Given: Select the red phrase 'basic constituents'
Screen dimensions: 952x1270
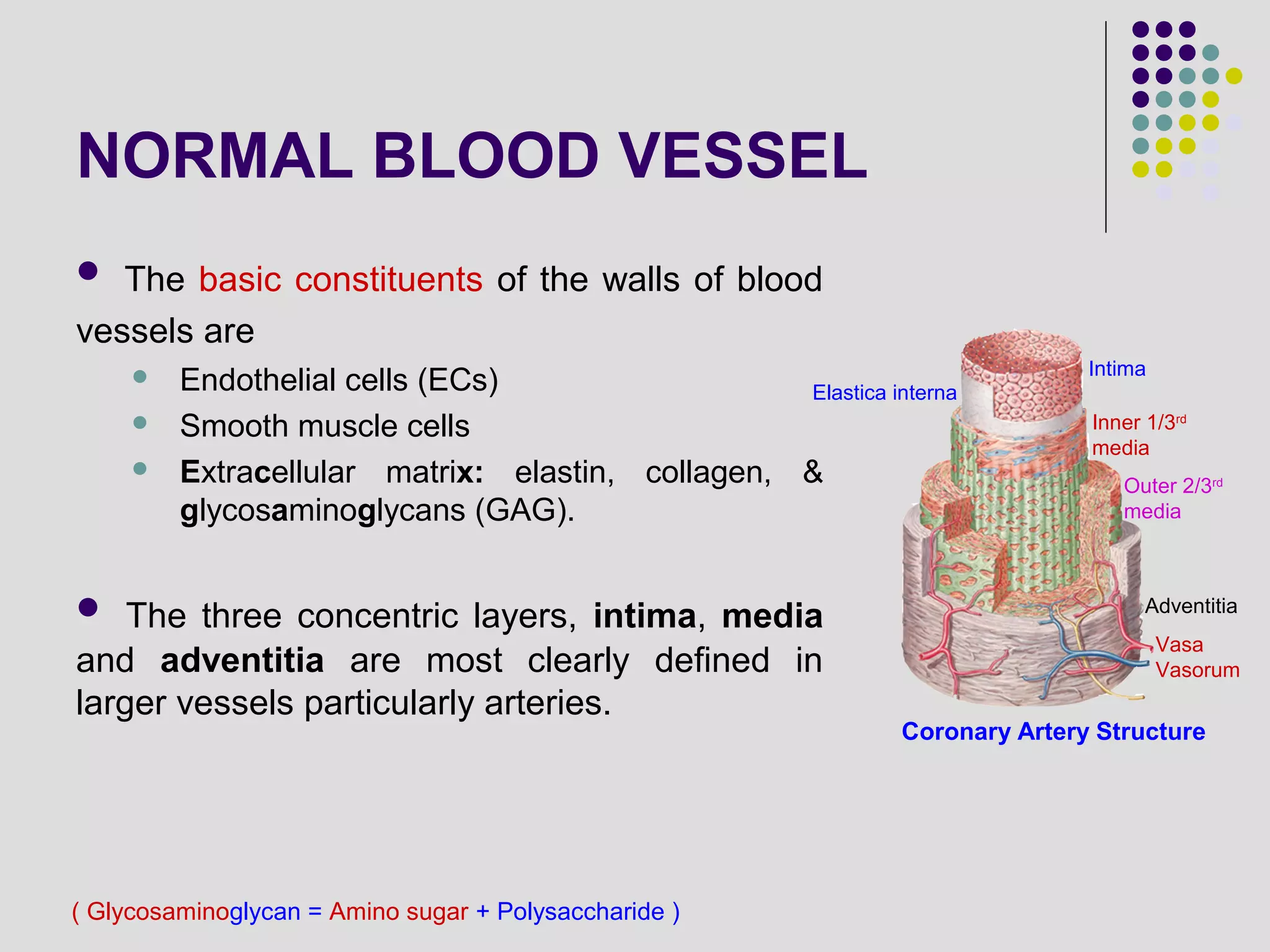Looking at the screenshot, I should point(340,280).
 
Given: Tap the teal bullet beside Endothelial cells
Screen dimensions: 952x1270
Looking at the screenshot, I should point(140,377).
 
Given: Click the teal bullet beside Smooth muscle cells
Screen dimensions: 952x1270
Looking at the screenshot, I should point(140,423).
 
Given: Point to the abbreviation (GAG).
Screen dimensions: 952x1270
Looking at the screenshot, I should point(525,511).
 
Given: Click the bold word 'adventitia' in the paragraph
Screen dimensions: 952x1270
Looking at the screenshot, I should point(242,660).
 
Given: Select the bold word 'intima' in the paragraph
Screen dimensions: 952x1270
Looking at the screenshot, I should point(644,615).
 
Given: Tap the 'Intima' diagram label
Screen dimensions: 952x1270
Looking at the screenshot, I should point(1117,369).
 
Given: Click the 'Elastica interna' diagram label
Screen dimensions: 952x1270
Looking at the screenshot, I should point(884,392).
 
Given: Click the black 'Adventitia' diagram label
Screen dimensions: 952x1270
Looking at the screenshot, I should point(1191,606).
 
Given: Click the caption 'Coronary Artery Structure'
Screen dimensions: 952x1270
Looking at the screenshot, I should point(1053,731).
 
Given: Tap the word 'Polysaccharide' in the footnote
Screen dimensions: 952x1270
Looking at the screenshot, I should point(580,912).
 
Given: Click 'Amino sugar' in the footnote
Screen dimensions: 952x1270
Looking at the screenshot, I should point(398,912).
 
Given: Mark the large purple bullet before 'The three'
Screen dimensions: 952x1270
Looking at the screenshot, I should point(89,607).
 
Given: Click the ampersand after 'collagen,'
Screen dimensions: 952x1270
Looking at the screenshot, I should point(812,472).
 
